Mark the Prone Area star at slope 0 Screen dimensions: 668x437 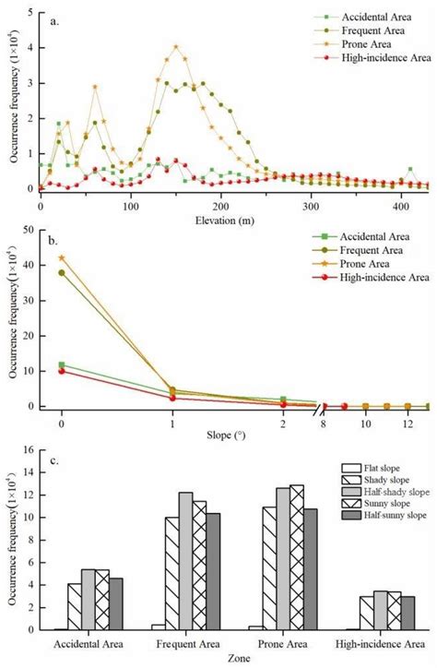(62, 257)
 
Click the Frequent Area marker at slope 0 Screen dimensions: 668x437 (62, 272)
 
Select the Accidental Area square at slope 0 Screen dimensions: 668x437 (62, 364)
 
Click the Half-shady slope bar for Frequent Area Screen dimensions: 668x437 (185, 561)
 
